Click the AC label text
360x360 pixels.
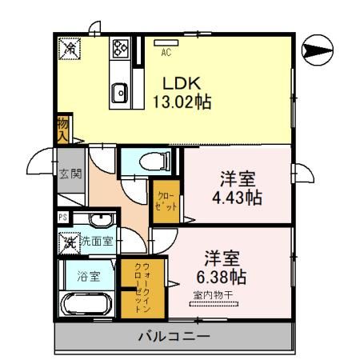(x=166, y=54)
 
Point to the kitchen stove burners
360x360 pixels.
(x=121, y=50)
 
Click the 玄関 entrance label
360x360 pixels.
(x=70, y=174)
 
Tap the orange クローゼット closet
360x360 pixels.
(x=163, y=201)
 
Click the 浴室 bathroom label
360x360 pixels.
(x=89, y=277)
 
